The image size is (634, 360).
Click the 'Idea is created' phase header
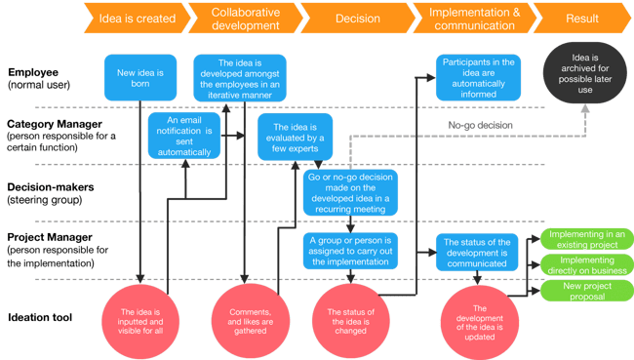coord(142,18)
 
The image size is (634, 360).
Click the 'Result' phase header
coord(583,18)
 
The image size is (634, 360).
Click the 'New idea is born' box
coord(139,78)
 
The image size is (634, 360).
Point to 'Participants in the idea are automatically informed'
coord(478,78)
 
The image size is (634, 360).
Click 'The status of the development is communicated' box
coord(478,249)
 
